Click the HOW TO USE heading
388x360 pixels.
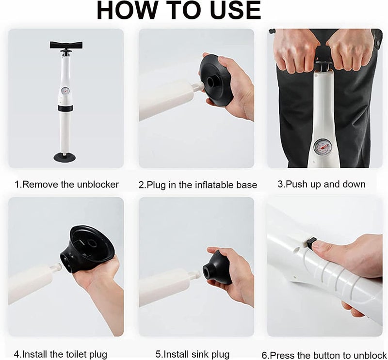click(178, 11)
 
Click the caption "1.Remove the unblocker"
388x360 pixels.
click(66, 184)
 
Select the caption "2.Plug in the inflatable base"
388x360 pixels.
click(197, 185)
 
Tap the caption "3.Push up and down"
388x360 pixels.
click(321, 184)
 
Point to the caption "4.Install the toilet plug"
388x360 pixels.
click(61, 354)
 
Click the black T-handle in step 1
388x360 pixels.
click(66, 46)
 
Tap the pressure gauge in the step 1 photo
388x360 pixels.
click(65, 91)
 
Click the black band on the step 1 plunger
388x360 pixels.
click(65, 109)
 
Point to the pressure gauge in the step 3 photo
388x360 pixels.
click(323, 146)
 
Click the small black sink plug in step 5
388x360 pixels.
click(218, 267)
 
